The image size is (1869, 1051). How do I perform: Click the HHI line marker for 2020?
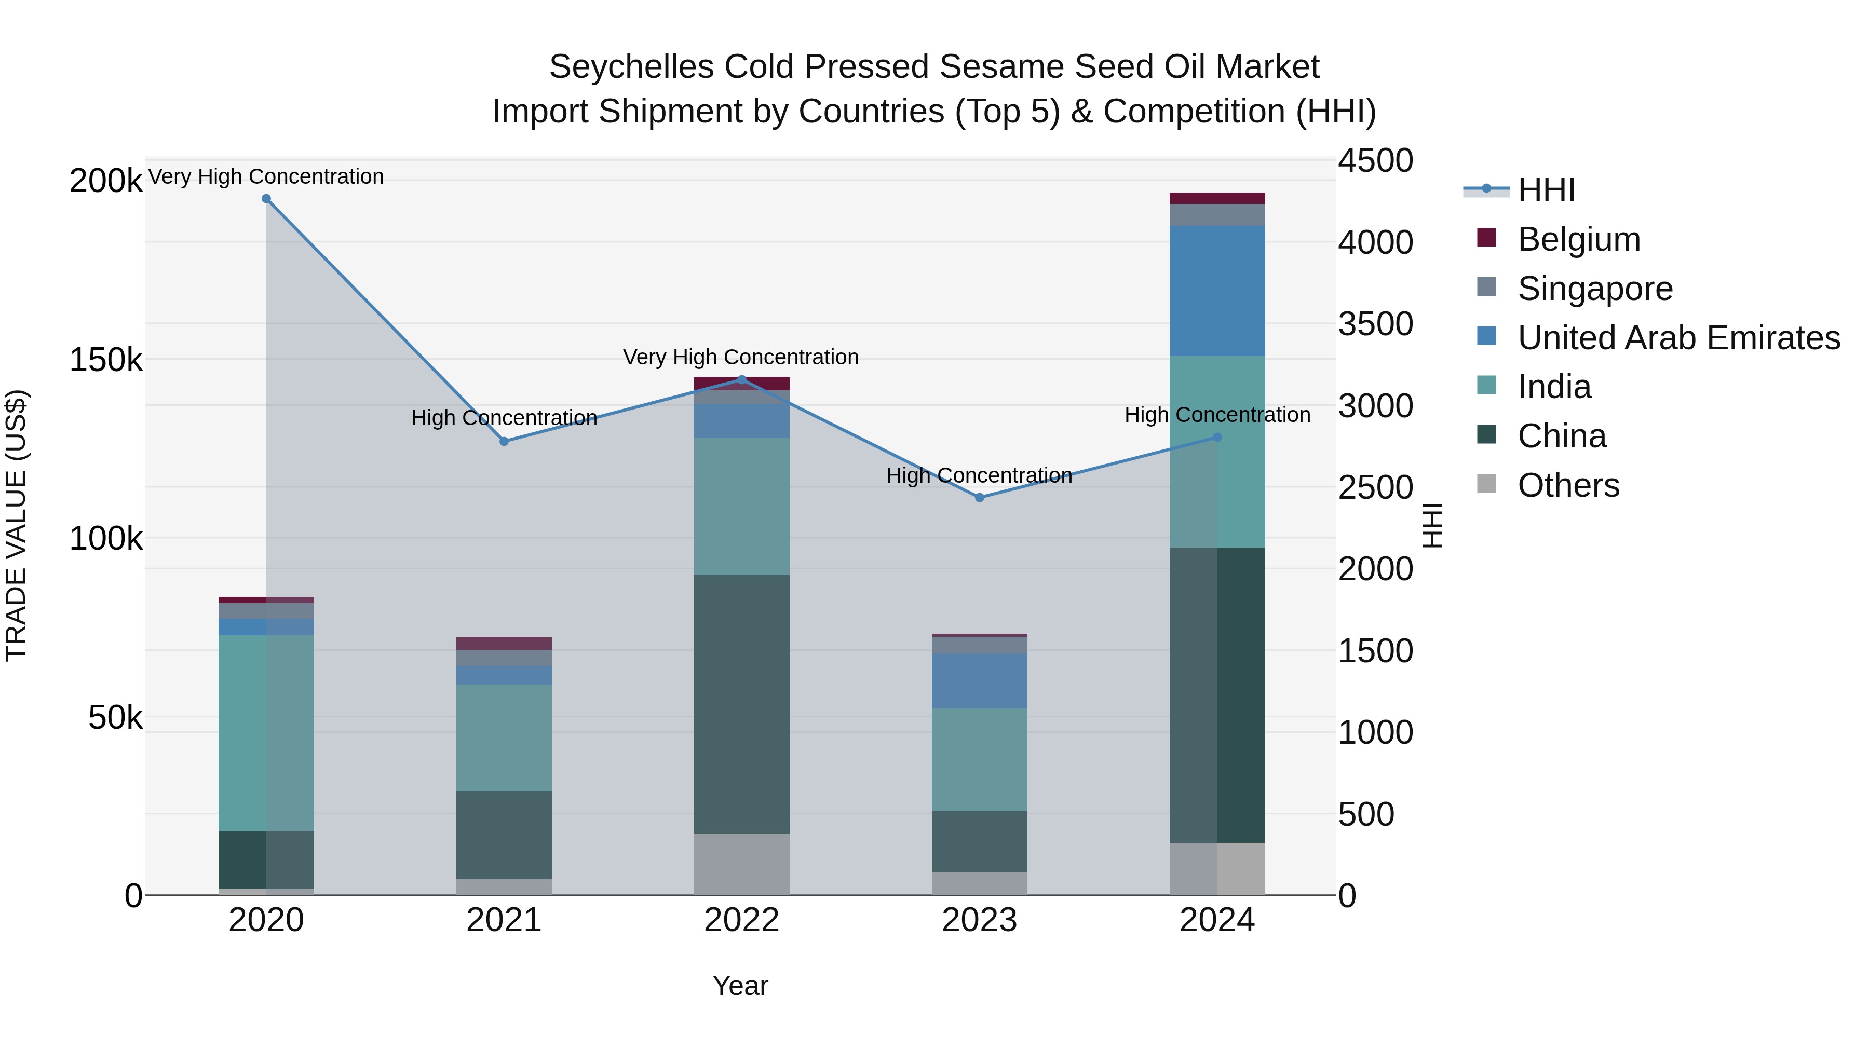click(x=266, y=199)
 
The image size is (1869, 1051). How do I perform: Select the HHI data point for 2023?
click(x=980, y=498)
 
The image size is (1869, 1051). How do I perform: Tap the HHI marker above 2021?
click(x=504, y=441)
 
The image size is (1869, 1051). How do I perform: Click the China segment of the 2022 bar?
click(x=741, y=704)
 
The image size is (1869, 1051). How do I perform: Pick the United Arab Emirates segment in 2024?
click(x=1217, y=290)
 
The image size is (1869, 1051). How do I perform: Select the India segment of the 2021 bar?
click(x=504, y=738)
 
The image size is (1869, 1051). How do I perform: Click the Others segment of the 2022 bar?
click(x=741, y=864)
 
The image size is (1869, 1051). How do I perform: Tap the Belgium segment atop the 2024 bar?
click(x=1217, y=198)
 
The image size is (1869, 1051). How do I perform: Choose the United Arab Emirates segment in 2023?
click(x=980, y=680)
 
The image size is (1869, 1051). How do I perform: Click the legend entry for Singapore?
click(x=1595, y=289)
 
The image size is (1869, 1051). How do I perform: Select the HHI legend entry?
click(x=1546, y=190)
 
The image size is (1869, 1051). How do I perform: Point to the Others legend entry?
click(x=1568, y=485)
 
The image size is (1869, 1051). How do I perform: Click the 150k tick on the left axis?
click(x=106, y=360)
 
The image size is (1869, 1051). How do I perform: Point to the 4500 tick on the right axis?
click(x=1375, y=161)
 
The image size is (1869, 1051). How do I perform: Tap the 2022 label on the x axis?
click(x=741, y=920)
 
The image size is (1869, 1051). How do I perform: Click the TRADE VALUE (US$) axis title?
click(x=16, y=525)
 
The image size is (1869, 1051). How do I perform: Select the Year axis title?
click(x=740, y=986)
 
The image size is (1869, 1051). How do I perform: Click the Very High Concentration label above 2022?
click(x=741, y=357)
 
